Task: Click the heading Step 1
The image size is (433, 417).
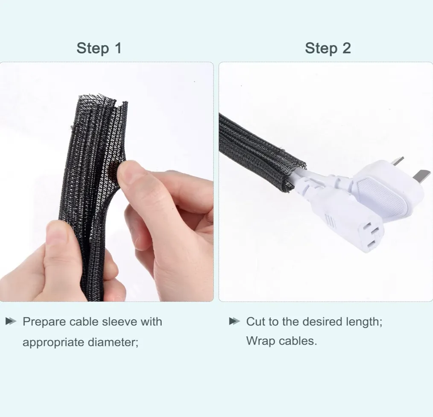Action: point(99,48)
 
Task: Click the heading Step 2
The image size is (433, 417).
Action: point(328,48)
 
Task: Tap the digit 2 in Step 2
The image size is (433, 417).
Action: point(346,48)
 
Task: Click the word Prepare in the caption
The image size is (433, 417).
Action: point(44,322)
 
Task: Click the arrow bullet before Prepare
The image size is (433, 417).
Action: point(11,321)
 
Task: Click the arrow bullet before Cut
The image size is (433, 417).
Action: point(234,321)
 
